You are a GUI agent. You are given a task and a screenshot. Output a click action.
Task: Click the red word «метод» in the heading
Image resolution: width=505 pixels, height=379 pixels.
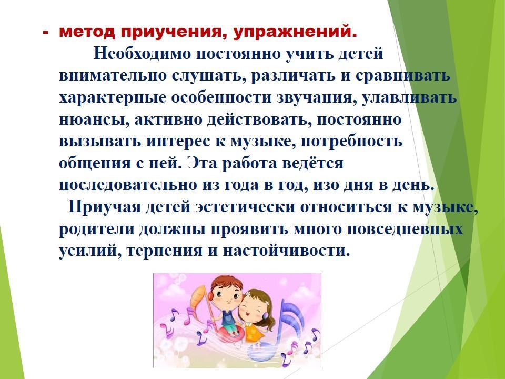pos(87,32)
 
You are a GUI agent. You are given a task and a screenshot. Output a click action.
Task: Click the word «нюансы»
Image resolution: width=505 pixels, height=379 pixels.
pos(94,119)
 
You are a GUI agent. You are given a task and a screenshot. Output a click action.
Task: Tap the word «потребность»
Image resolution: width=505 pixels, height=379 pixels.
pos(351,142)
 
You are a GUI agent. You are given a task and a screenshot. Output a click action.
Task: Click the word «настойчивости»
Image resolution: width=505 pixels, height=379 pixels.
pos(286,251)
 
